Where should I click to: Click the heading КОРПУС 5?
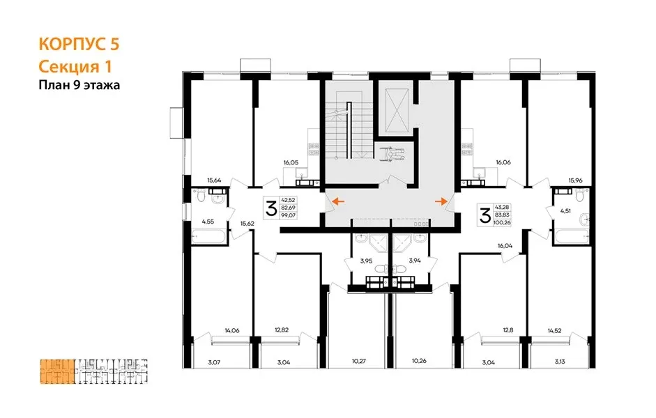coord(79,44)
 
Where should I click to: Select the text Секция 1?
coord(75,66)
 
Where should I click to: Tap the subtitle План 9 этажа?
coord(79,85)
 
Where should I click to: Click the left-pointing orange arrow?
coord(338,202)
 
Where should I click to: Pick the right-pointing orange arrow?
coord(441,202)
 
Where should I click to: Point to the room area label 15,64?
coord(214,180)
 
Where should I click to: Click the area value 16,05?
coord(291,162)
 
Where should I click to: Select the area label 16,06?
coord(503,162)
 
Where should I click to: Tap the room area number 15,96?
coord(575,180)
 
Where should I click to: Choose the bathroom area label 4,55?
coord(208,222)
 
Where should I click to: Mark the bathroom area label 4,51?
coord(565,210)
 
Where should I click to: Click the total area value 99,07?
coord(289,215)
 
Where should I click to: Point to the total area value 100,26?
coord(502,222)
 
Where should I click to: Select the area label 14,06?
coord(232,330)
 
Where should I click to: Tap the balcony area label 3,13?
coord(560,362)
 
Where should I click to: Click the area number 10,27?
coord(359,361)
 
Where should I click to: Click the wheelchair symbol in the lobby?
coord(391,153)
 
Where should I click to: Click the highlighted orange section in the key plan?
coord(58,371)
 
